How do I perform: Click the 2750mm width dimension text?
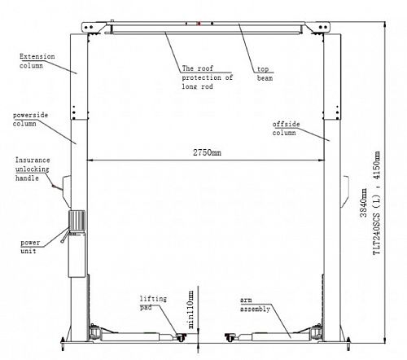coord(207,152)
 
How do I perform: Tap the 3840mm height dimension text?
coord(364,203)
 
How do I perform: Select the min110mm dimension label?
coord(191,310)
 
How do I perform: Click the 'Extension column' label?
coord(37,61)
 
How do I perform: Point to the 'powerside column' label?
coord(30,119)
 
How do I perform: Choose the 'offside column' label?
coord(286,129)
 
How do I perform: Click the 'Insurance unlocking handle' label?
coord(33,169)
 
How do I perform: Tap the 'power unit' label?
coord(30,247)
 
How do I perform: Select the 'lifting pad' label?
coord(153,303)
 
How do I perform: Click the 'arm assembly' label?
coord(255,305)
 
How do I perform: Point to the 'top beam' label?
coord(265,73)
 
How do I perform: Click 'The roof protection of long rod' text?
coord(208,77)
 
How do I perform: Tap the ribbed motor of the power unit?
coord(77,221)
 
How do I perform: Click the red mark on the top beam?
coord(199,24)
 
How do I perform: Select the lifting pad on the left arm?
coord(181,338)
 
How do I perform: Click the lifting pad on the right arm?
coord(230,338)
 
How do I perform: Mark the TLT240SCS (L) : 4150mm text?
coord(377,203)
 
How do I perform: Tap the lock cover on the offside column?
coord(345,191)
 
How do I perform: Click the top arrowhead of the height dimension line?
coord(385,25)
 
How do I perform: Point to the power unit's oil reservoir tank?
coord(77,256)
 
